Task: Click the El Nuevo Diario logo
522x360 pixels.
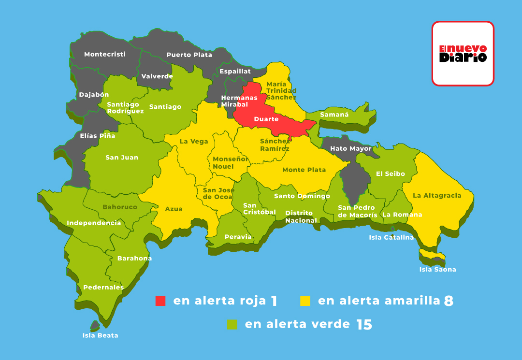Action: (x=463, y=54)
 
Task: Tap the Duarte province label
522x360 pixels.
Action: (x=266, y=119)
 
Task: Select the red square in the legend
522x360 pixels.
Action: (x=160, y=301)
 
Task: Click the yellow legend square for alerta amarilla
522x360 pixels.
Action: (x=305, y=301)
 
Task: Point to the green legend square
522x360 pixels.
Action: (x=232, y=324)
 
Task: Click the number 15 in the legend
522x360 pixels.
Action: (x=364, y=325)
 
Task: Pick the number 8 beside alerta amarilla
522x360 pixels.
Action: (x=449, y=301)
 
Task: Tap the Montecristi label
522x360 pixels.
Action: (x=105, y=54)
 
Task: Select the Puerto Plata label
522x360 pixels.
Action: (x=189, y=55)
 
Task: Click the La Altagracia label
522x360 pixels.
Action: (x=437, y=196)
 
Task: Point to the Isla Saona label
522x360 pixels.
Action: (x=437, y=269)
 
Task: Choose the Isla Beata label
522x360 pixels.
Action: (x=100, y=335)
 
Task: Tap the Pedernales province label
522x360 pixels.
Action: (x=103, y=287)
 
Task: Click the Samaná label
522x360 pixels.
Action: (x=334, y=115)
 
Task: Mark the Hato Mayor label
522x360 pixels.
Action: (x=351, y=148)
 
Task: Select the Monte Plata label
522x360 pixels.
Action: (x=304, y=170)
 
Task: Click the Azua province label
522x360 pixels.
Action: (x=174, y=209)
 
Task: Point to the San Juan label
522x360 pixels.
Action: (x=122, y=157)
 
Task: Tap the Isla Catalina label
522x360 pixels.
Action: (x=391, y=237)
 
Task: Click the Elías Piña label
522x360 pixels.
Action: (x=98, y=136)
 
